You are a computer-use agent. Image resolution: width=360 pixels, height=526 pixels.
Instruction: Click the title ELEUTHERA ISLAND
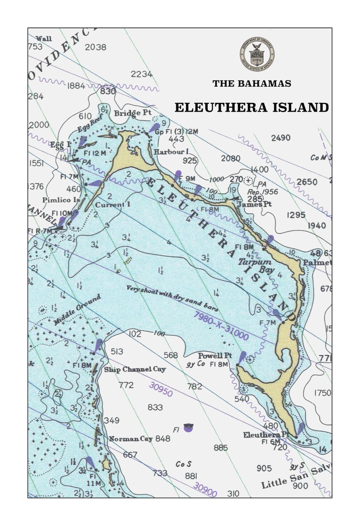(x=252, y=108)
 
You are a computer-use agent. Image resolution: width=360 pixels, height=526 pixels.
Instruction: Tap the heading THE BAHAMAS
(x=252, y=84)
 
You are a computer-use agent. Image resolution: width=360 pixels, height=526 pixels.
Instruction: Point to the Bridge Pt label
(x=133, y=113)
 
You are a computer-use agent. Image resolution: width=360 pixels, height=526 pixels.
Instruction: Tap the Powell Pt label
(x=215, y=356)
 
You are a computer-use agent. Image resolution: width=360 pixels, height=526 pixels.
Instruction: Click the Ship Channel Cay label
(x=135, y=369)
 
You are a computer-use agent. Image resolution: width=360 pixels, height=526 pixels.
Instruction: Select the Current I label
(x=112, y=205)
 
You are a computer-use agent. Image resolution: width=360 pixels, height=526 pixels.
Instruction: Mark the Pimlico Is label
(x=61, y=200)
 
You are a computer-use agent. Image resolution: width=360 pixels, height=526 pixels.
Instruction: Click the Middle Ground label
(x=77, y=310)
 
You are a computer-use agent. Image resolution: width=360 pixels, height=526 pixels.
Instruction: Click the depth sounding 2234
(x=142, y=74)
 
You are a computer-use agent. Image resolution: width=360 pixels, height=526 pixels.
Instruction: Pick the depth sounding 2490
(x=281, y=138)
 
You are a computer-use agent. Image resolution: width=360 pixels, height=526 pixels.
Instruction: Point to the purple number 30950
(x=161, y=389)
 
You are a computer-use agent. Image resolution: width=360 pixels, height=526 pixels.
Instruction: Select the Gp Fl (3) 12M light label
(x=176, y=132)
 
